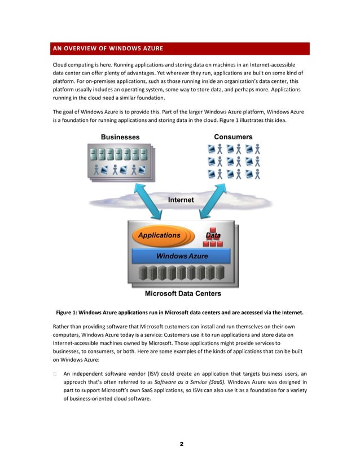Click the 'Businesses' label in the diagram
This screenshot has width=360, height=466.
120,137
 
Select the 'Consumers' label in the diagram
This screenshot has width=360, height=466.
233,137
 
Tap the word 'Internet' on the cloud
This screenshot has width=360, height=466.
181,200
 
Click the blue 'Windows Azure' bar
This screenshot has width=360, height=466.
182,256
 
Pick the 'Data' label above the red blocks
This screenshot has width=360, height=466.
213,235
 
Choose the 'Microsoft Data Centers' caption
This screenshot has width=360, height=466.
183,293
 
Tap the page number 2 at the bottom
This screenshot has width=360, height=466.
182,444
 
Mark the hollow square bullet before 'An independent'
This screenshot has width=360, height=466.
55,374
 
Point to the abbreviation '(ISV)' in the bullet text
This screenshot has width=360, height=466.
156,373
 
